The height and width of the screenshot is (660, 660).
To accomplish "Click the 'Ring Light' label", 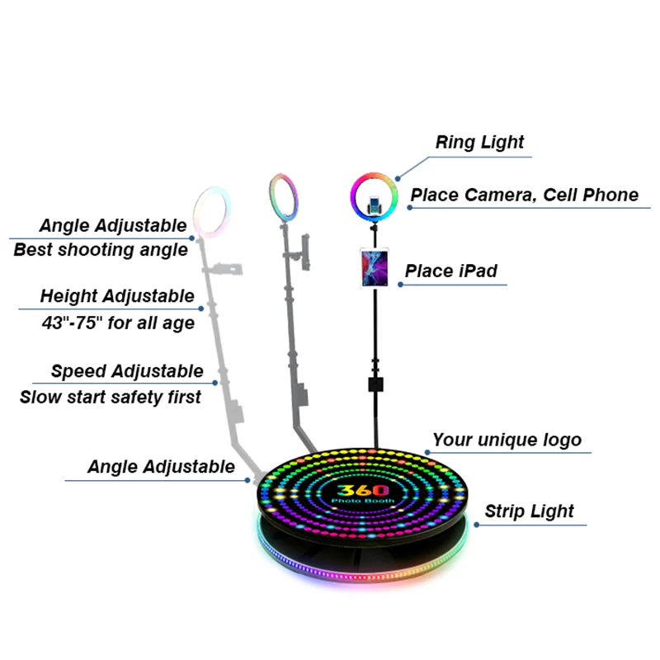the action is coord(479,142).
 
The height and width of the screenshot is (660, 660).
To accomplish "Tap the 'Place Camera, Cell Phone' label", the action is coord(525,196).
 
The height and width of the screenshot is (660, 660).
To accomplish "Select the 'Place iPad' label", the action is coord(450,271).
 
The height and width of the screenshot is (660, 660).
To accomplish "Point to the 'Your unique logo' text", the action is coord(507,440).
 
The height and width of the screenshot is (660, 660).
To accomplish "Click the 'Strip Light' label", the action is coord(529,511).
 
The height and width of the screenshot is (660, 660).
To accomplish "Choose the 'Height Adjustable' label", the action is coord(117,296).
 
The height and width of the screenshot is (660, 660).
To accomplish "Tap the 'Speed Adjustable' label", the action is coord(126,371).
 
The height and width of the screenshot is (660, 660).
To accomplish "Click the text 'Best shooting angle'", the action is coord(101,250).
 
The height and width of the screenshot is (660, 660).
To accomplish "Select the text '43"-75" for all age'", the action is coord(117,323).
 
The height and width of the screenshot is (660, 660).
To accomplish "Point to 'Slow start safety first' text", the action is coord(110,397).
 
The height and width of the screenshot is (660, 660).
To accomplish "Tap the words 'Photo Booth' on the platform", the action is coord(364,502).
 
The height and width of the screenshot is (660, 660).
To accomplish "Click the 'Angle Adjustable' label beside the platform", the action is coord(161,467).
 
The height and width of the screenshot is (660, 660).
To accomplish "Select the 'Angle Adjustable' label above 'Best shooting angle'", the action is coord(113,225).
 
